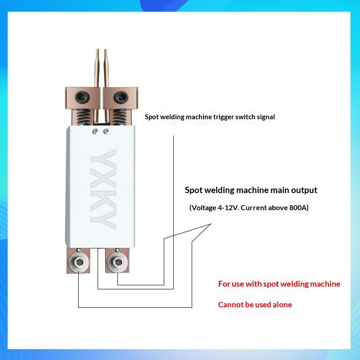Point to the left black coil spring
coord(83,117)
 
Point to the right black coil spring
coord(119,117)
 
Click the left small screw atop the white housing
coord(95,131)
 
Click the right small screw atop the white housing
coord(106,131)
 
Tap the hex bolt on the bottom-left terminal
coord(79,262)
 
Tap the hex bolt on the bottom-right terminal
coord(118,262)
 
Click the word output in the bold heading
coord(304,190)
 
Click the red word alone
coord(282,305)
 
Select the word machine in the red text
coord(325,284)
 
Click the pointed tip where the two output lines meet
coord(211,224)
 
